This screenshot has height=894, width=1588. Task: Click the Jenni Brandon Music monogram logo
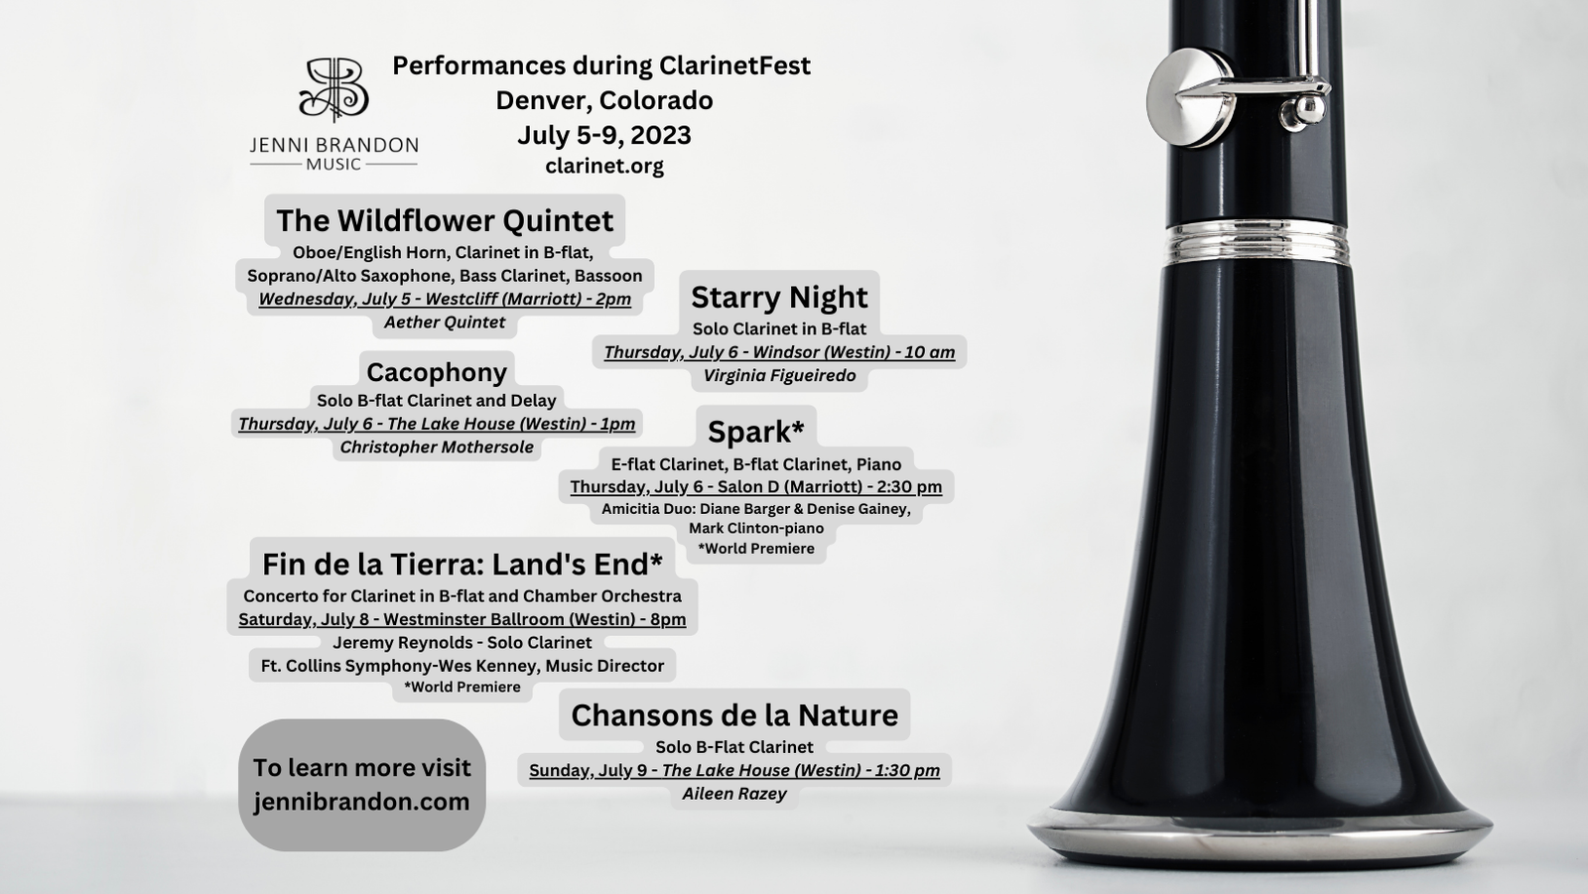(x=333, y=88)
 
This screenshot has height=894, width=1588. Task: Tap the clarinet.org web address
(x=604, y=166)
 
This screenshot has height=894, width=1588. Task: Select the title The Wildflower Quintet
(x=445, y=220)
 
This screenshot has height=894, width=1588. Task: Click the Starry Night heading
(x=779, y=297)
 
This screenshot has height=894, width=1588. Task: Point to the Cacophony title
(x=437, y=372)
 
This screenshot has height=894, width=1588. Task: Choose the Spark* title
(x=755, y=432)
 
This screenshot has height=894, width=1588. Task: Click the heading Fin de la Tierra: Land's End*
(x=463, y=565)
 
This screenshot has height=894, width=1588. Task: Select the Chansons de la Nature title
(x=734, y=715)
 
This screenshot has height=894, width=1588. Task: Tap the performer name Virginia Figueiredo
(x=779, y=376)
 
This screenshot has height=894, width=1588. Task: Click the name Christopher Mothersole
(x=437, y=447)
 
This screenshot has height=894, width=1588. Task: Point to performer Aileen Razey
(x=734, y=794)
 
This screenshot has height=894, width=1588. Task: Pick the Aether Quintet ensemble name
(x=445, y=322)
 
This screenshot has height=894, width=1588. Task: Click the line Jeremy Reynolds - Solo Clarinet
(x=463, y=643)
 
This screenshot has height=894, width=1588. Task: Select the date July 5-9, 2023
(x=604, y=135)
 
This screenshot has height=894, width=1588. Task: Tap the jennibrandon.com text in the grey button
(x=361, y=802)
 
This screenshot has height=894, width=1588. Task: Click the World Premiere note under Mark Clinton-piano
(x=755, y=549)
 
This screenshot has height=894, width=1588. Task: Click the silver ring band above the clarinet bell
(x=1256, y=242)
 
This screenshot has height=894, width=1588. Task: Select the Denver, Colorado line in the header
(x=604, y=100)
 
